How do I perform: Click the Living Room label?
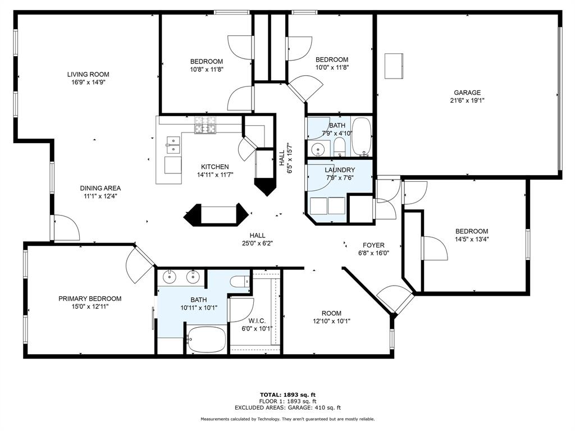(x=88, y=74)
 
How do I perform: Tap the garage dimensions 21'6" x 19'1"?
(x=467, y=101)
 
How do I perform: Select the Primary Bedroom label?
(x=90, y=299)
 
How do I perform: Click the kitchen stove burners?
(x=206, y=125)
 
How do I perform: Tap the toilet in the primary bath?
(x=240, y=282)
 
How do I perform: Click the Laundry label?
(x=340, y=170)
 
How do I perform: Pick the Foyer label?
(x=373, y=245)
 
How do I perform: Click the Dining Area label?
(x=101, y=189)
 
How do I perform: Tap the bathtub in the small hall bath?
(x=361, y=137)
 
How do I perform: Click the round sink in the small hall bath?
(x=318, y=150)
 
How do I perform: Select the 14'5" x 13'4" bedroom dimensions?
(x=471, y=239)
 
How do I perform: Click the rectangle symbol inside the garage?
(x=393, y=66)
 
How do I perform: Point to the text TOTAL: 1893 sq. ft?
(x=287, y=395)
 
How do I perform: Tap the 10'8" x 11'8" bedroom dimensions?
(x=206, y=70)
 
